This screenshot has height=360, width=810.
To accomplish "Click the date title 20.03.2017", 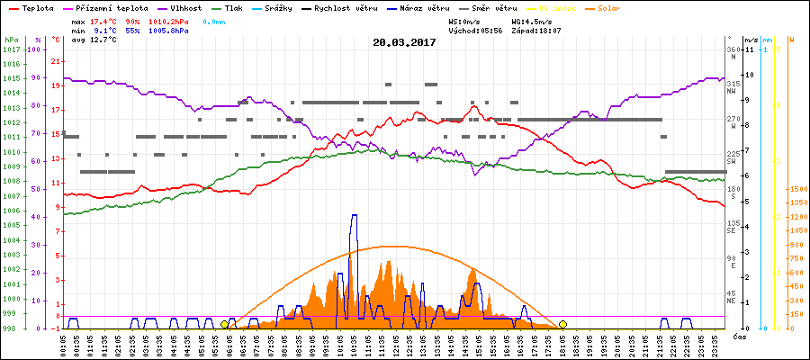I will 404,42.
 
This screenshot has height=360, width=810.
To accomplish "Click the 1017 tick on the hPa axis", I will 11,49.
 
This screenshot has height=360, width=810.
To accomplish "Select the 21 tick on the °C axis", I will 56,61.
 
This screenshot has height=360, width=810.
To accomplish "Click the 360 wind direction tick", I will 732,49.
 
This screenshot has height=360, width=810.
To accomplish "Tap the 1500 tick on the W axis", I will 796,189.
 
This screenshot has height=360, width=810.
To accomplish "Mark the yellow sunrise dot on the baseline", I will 224,324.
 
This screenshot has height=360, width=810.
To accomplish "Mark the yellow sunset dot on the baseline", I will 562,324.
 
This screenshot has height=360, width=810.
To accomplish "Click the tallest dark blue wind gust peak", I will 354,216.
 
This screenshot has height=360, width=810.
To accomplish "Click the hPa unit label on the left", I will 11,40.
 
